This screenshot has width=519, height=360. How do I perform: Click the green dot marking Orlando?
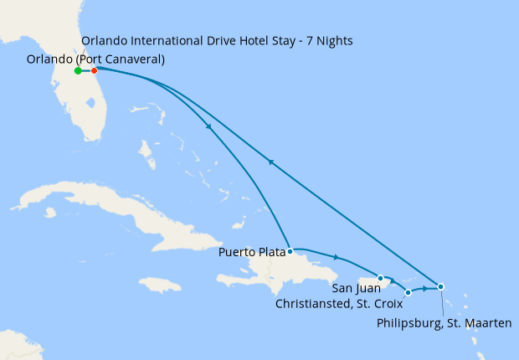pyautogui.click(x=78, y=71)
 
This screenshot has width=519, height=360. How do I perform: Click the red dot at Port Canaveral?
pyautogui.click(x=94, y=71)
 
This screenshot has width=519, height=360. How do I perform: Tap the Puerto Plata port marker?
pyautogui.click(x=290, y=251)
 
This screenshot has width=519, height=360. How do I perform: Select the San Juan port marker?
pyautogui.click(x=380, y=278)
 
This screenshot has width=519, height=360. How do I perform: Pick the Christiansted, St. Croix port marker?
pyautogui.click(x=408, y=293)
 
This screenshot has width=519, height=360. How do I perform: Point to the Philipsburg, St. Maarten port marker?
pyautogui.click(x=441, y=287)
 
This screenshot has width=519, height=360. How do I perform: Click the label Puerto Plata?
pyautogui.click(x=251, y=251)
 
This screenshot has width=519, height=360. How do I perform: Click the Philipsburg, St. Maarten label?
pyautogui.click(x=444, y=322)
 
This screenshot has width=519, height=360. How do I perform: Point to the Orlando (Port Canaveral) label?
pyautogui.click(x=95, y=59)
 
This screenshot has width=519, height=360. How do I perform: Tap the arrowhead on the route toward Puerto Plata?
pyautogui.click(x=208, y=126)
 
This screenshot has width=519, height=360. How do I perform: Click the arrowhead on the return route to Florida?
pyautogui.click(x=270, y=162)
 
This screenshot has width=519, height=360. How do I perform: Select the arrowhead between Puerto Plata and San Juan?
pyautogui.click(x=336, y=257)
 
